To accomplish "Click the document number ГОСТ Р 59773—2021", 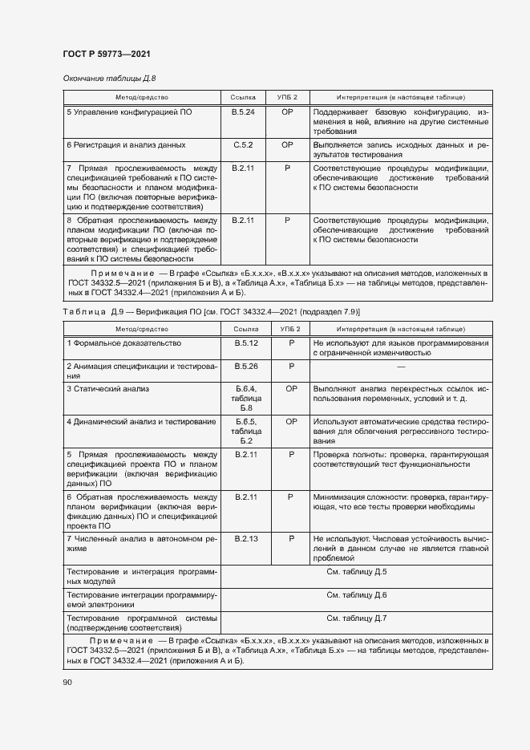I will tap(107, 54).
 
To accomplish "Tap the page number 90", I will tap(67, 682).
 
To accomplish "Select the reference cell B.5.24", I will tap(243, 112).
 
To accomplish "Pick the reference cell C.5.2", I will tap(243, 145).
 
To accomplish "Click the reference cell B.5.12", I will tap(245, 343).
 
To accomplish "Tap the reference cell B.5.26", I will tap(245, 367).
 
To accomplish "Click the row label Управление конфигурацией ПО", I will tap(129, 112).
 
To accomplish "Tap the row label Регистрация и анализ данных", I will tap(126, 145).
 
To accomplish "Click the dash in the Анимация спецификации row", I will tap(399, 367).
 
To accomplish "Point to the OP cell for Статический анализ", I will tap(291, 389).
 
